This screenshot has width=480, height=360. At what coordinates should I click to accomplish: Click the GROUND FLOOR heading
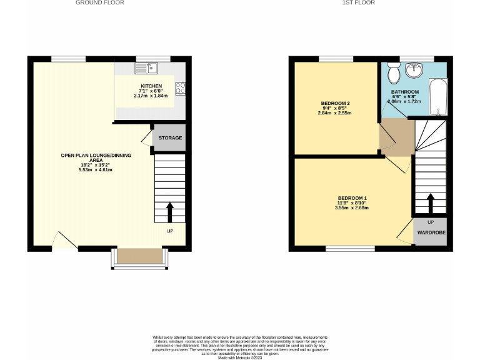[100, 3]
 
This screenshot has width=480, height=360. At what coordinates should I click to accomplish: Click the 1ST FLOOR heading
[359, 3]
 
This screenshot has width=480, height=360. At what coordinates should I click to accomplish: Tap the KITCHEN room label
[151, 86]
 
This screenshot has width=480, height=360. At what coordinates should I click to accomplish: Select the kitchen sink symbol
[147, 67]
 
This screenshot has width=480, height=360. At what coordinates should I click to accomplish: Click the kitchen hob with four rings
[181, 89]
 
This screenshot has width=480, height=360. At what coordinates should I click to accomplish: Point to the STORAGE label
[170, 138]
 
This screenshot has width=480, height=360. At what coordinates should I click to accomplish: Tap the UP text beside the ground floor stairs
[170, 232]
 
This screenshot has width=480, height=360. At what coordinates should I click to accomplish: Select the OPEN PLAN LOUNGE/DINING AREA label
[96, 157]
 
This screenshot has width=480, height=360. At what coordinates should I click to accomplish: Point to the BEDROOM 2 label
[335, 103]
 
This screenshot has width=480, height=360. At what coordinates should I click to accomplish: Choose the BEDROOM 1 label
[352, 198]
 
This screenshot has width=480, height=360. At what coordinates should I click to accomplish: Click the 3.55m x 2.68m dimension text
[352, 208]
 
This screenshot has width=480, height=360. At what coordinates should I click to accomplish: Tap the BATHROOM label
[405, 92]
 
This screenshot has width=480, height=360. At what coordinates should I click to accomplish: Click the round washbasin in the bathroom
[412, 71]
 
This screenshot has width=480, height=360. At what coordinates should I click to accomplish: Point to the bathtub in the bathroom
[439, 97]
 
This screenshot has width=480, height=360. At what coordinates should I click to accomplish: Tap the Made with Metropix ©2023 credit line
[239, 357]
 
